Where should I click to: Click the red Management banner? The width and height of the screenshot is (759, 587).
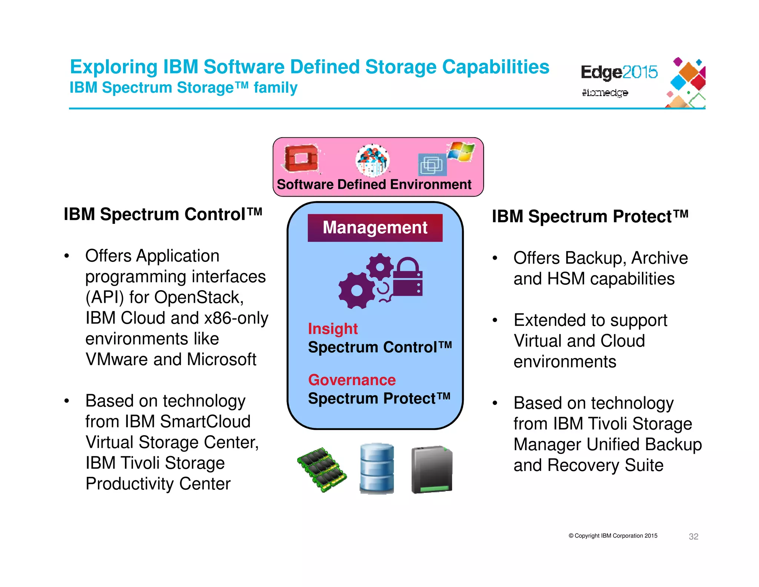coord(375,227)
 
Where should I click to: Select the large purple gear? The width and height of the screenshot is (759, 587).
coord(357,290)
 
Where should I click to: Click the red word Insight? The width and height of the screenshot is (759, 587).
coord(332,329)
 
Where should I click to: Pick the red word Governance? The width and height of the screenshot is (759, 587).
coord(352,380)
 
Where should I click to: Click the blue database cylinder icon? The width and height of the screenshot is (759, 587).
coord(377,468)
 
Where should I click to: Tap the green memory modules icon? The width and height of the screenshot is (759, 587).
coord(322,469)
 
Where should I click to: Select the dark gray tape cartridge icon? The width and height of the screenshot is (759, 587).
coord(432,469)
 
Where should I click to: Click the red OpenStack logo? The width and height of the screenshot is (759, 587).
coord(301,159)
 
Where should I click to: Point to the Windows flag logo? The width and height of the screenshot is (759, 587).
coord(461,151)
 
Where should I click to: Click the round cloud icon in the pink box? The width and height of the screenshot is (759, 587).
coord(372,160)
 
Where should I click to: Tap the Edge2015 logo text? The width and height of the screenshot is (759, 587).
coord(619,72)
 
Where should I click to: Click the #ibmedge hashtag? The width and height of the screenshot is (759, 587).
coord(604,92)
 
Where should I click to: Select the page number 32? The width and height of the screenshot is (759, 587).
coord(693,536)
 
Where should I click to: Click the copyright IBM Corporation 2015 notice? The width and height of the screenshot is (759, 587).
coord(613,536)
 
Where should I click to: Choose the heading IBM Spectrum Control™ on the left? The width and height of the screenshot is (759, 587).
coord(163,214)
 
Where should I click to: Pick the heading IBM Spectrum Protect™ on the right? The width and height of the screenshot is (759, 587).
coord(590,216)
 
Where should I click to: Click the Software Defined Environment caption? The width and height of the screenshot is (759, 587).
coord(374,184)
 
